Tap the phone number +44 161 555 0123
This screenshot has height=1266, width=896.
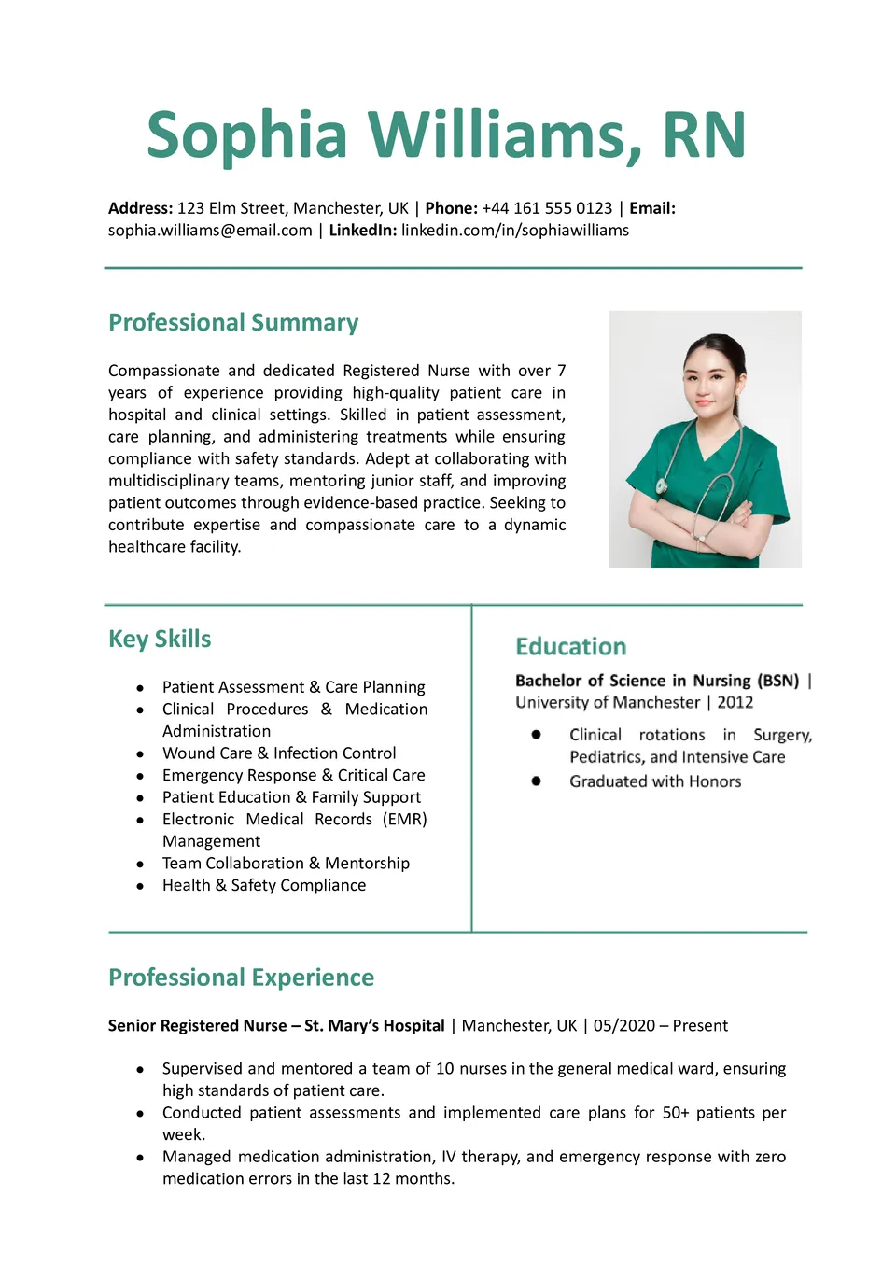[547, 208]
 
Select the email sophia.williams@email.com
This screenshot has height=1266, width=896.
[210, 231]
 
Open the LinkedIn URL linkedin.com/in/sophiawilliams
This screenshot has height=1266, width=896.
[515, 231]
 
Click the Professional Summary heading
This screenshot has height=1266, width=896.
[233, 323]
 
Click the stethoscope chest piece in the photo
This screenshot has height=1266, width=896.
[662, 485]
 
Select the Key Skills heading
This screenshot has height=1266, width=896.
[160, 640]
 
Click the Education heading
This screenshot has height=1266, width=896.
[570, 647]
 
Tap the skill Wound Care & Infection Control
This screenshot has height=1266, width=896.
[279, 753]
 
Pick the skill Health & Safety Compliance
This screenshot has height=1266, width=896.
[264, 885]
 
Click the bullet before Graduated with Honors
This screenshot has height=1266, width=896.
[537, 781]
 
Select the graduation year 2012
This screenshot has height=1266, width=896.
[735, 702]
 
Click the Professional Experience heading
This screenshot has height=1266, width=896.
[241, 978]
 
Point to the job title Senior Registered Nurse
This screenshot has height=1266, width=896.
[197, 1026]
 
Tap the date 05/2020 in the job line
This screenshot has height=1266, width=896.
[624, 1026]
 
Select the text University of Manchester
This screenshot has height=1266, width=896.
[608, 702]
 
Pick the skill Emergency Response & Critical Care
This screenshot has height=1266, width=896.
[293, 775]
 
